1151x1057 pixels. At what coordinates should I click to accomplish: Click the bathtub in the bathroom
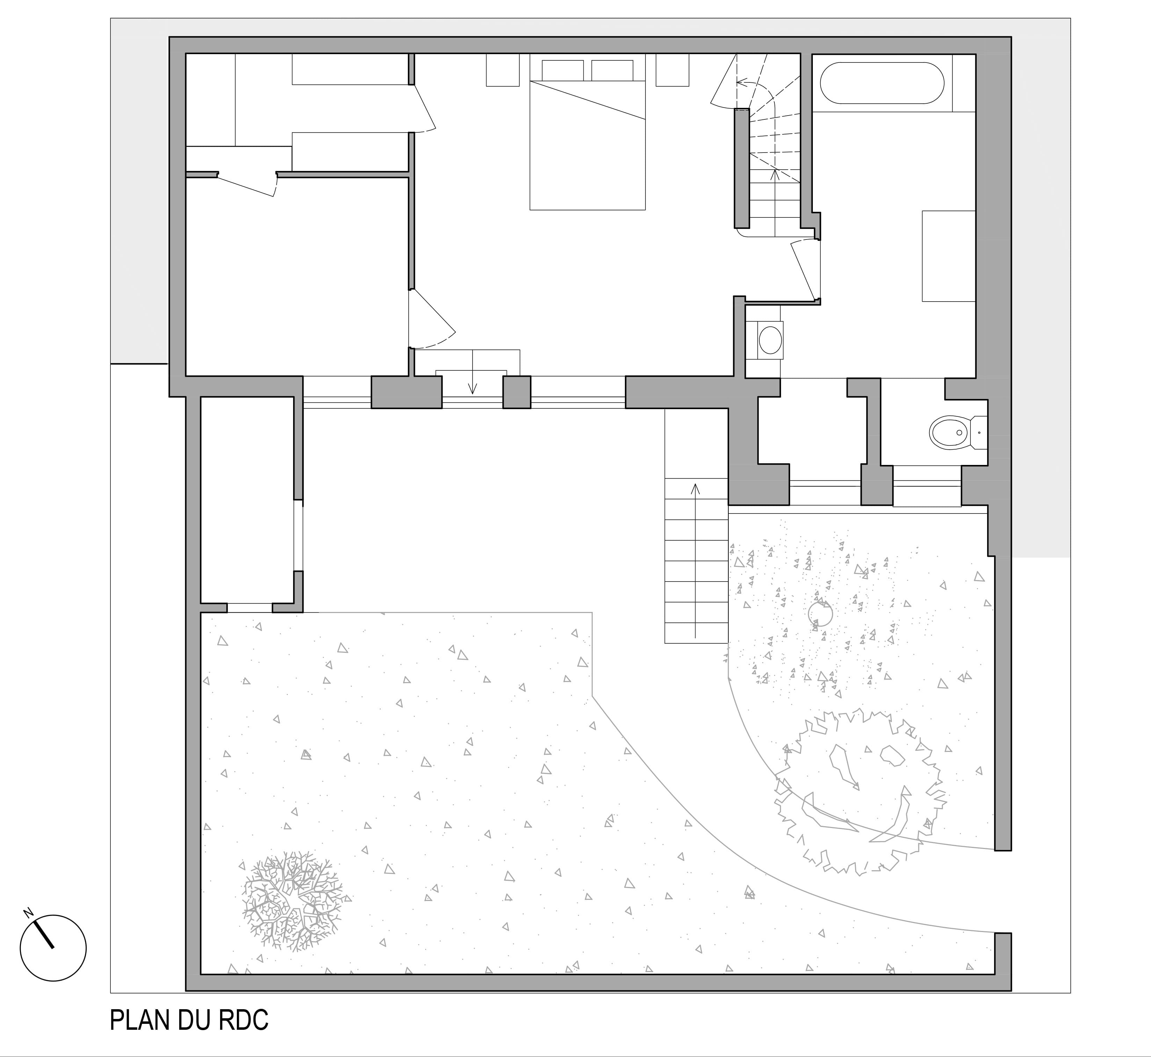point(881,83)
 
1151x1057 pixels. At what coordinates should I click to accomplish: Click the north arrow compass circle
point(53,948)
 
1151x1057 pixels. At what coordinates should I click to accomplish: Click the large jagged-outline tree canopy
point(859,792)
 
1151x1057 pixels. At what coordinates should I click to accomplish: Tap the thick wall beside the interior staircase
point(742,169)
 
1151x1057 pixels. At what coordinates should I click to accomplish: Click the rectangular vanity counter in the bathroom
point(948,256)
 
